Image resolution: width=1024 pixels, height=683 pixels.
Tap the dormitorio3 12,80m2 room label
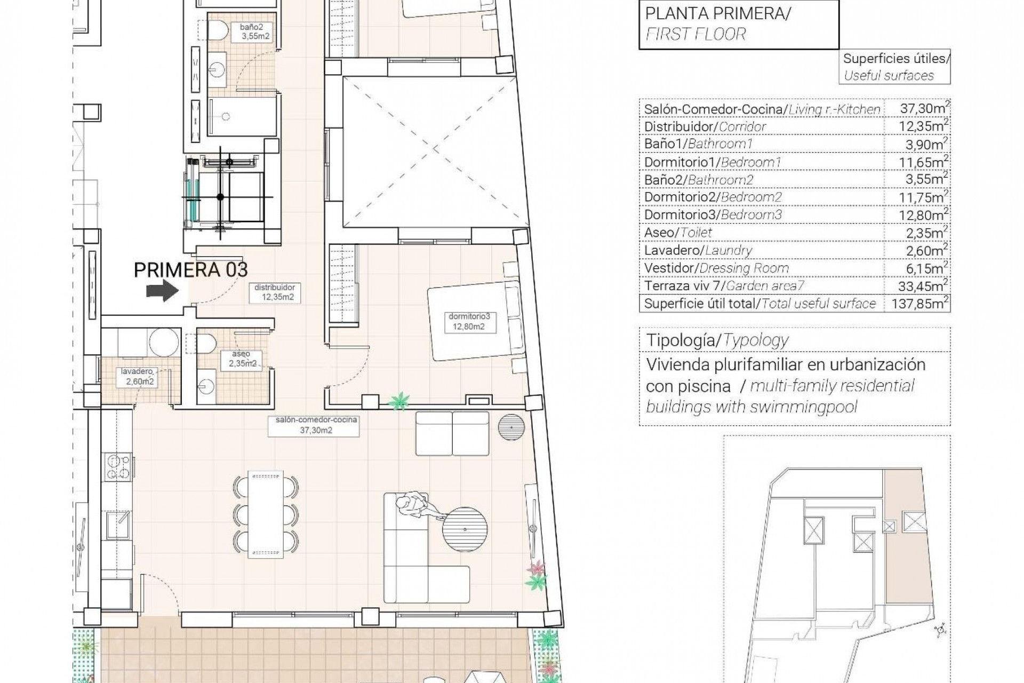[469, 322]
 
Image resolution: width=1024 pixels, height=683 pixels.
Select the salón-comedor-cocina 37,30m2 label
[316, 425]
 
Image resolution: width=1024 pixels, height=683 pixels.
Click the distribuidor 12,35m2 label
[275, 292]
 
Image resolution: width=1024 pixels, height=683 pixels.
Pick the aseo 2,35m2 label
[242, 359]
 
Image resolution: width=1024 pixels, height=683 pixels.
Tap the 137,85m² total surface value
[916, 304]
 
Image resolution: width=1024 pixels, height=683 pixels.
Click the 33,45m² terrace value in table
[916, 286]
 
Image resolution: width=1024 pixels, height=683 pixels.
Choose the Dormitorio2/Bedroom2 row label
[713, 197]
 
